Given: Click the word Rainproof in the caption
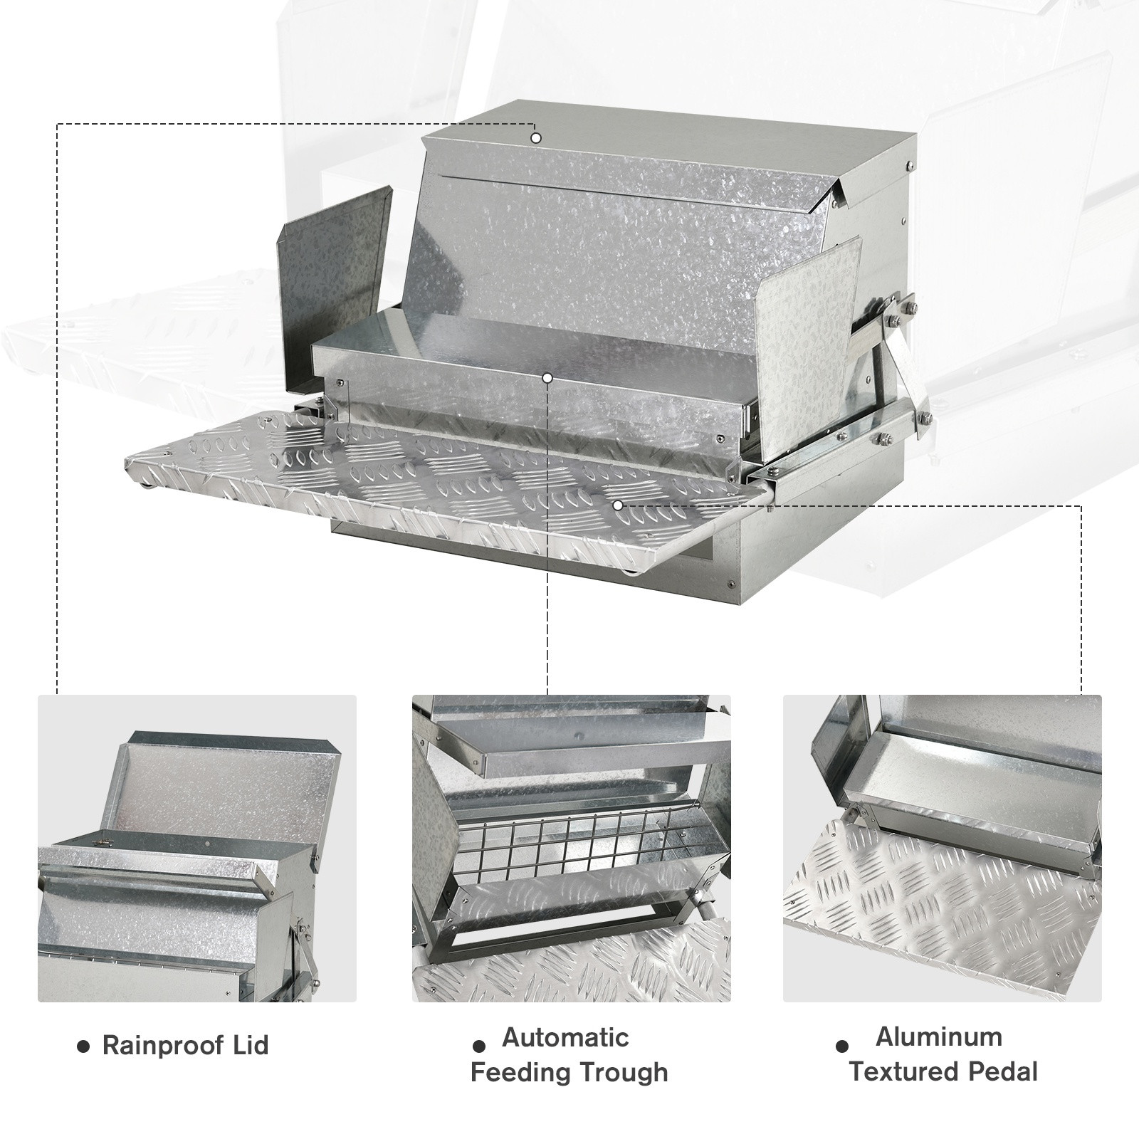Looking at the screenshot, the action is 164,1046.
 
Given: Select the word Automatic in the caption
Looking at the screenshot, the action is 566,1037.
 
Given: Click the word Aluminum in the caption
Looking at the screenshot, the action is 939,1036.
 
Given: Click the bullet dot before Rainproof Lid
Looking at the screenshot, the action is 84,1047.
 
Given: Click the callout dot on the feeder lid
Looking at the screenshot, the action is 536,137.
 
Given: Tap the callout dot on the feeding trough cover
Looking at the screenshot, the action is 547,377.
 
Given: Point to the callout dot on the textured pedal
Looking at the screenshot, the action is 618,505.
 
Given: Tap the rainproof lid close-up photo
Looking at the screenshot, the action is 197,849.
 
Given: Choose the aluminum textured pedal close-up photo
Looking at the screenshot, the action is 943,849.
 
